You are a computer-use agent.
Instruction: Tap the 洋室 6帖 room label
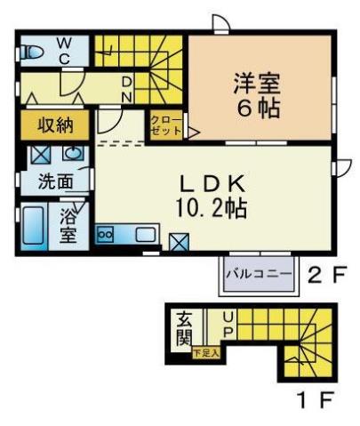pos(257,96)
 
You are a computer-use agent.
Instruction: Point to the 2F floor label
pos(324,274)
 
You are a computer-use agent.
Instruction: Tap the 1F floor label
pos(317,401)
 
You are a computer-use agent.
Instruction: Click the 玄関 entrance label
pos(183,328)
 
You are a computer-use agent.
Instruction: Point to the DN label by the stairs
pos(127,88)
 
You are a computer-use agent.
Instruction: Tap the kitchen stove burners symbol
pos(106,234)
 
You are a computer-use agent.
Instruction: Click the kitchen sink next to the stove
pos(145,235)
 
